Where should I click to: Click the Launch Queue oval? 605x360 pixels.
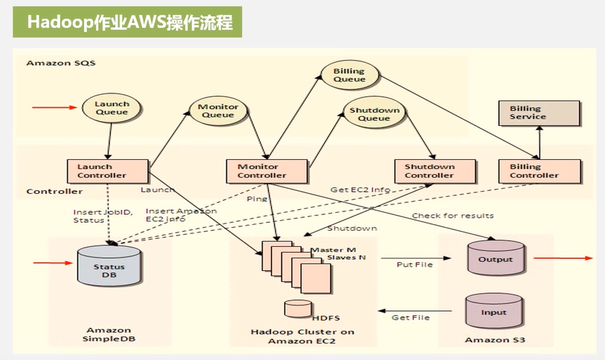click(112, 108)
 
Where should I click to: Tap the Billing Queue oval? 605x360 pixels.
click(349, 75)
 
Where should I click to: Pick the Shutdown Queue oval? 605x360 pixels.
click(375, 114)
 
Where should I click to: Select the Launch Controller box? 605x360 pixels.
click(107, 171)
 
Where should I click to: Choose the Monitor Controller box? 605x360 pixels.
click(267, 171)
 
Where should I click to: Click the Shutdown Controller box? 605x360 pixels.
click(429, 171)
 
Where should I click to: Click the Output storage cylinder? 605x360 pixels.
click(495, 258)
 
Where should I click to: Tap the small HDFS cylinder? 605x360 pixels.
click(298, 308)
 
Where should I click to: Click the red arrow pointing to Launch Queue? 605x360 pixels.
click(54, 108)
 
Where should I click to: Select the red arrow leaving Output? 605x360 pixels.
click(563, 259)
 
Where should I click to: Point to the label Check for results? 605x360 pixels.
click(452, 216)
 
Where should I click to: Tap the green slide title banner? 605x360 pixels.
click(128, 22)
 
